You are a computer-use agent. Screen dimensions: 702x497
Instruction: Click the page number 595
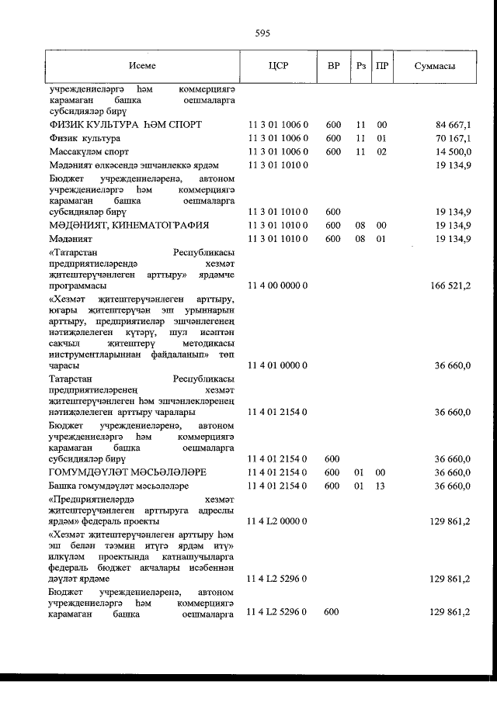261,33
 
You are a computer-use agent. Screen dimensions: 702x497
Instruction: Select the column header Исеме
143,67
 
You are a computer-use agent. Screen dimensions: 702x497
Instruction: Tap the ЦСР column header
278,67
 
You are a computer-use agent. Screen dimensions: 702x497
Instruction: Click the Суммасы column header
435,67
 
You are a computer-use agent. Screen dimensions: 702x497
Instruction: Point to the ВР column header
333,67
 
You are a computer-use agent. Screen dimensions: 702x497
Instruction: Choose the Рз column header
360,67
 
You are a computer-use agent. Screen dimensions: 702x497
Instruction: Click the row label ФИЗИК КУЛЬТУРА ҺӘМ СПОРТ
125,124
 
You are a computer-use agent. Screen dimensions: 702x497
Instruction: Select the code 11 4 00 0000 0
278,285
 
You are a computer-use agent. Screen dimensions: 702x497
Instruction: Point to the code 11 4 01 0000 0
278,365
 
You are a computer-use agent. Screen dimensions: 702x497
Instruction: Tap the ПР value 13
381,486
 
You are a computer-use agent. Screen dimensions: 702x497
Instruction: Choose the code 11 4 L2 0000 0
278,524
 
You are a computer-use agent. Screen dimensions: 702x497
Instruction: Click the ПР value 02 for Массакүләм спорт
381,152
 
